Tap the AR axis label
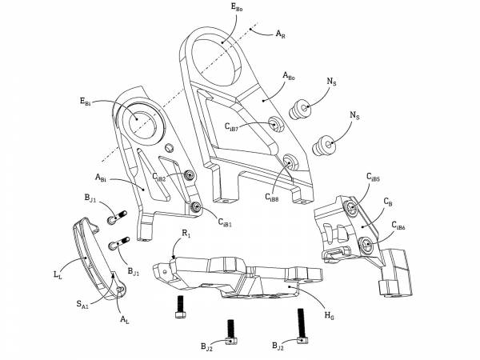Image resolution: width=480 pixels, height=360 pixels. coord(280,34)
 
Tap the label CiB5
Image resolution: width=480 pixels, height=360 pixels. coord(373,178)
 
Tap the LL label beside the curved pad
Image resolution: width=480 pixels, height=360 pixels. coord(58,274)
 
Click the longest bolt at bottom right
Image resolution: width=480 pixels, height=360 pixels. coord(302,326)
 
